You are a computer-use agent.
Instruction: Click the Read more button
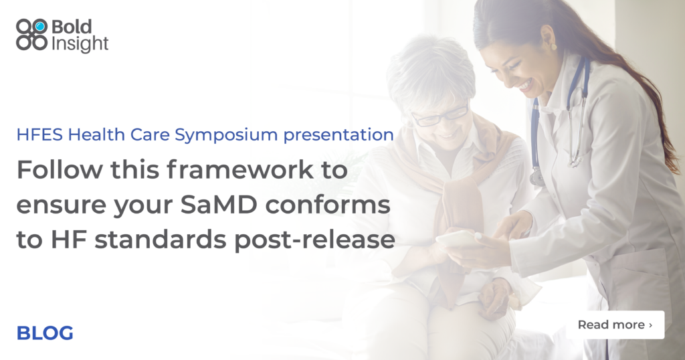pos(615,325)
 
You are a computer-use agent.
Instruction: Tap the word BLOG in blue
pos(45,333)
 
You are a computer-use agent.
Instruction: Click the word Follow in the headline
pos(52,171)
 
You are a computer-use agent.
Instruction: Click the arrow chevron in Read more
pos(650,325)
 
